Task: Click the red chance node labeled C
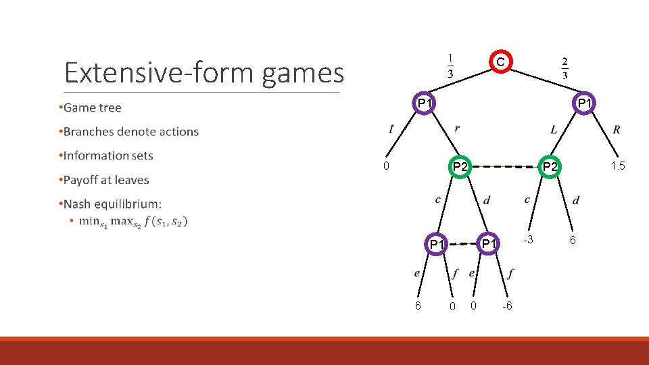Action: click(500, 62)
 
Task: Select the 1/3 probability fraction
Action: click(451, 66)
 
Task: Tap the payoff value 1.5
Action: click(617, 166)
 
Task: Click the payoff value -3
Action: click(529, 240)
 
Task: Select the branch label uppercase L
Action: click(554, 129)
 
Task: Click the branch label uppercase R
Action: click(617, 129)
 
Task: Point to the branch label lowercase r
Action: click(458, 128)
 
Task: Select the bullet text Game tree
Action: click(93, 107)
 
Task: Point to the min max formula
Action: click(133, 221)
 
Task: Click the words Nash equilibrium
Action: click(112, 203)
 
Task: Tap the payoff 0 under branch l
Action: click(385, 166)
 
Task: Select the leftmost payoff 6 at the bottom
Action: click(418, 306)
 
